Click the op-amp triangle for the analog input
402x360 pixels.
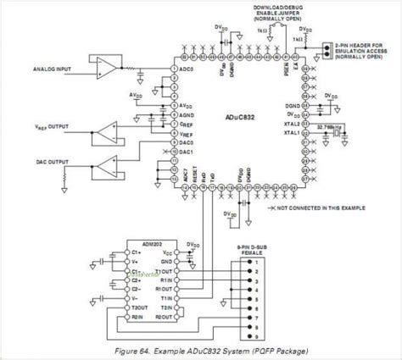(106, 65)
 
